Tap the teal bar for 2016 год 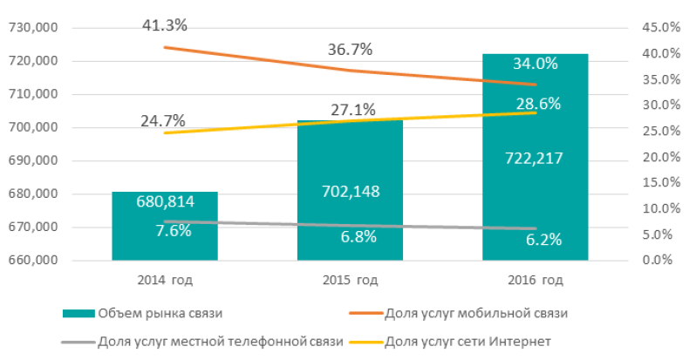coord(535,200)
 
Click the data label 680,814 coord(165,202)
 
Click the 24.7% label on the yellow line coord(163,119)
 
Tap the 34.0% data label coord(536,64)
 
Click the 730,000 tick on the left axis coord(31,28)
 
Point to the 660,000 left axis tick coord(31,260)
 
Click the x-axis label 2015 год coord(349,281)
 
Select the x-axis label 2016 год coord(535,281)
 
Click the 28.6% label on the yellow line coord(537,103)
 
